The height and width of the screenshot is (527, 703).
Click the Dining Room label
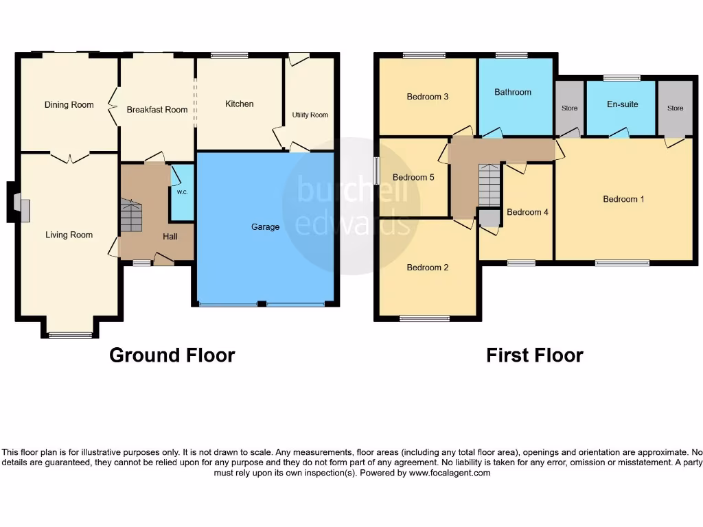pos(69,105)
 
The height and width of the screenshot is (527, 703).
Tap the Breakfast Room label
pos(157,110)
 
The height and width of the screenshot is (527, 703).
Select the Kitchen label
pos(240,104)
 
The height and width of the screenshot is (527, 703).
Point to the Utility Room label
pos(310,115)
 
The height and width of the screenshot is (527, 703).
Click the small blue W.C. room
pos(182,192)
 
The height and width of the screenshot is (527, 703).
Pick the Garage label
pos(265,226)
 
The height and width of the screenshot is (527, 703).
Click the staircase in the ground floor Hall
pos(130,216)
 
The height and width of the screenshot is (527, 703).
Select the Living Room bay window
pos(70,335)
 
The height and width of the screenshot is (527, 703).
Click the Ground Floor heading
pos(172,355)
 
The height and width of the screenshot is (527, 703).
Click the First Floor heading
pos(534,355)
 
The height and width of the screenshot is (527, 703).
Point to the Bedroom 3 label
pos(428,97)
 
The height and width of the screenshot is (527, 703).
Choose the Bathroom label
pos(513,92)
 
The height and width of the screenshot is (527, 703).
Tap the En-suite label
pos(622,104)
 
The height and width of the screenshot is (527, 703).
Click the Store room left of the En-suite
pos(569,108)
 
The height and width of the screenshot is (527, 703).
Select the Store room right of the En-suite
pos(675,108)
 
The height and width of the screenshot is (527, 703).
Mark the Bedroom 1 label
pos(623,199)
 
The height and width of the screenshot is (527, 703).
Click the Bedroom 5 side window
pos(376,170)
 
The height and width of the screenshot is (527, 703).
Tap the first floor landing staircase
pos(489,185)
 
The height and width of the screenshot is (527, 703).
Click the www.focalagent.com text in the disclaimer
pos(450,473)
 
